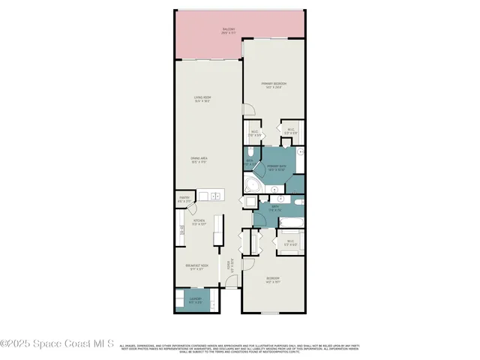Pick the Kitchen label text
tap(198, 222)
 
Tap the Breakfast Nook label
tap(196, 267)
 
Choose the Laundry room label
tap(195, 300)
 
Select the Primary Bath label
tap(277, 167)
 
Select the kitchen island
tap(218, 231)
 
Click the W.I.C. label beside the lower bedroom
tap(291, 243)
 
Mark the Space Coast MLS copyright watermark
tap(57, 344)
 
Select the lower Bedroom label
tap(273, 280)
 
